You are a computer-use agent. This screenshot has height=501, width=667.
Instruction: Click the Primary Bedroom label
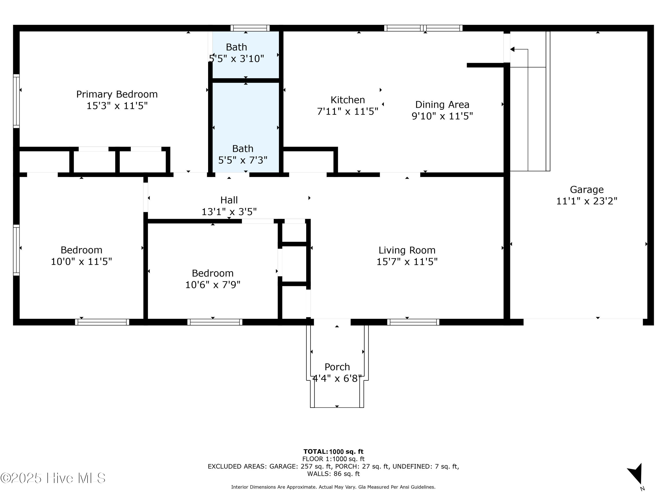(117, 94)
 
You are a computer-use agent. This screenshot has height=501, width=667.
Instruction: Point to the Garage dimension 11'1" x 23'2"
(587, 201)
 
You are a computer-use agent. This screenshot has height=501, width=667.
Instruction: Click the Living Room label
(407, 250)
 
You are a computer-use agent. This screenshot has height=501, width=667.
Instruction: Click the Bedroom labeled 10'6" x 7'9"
(213, 273)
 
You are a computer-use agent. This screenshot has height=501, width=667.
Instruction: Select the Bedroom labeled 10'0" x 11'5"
(81, 250)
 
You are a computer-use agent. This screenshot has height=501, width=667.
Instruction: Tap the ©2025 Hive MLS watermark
(53, 478)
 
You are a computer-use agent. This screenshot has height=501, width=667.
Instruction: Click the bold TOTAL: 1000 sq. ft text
(333, 452)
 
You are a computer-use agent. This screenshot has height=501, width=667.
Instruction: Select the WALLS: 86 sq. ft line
(333, 474)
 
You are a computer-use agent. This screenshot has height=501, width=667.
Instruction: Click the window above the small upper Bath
(250, 28)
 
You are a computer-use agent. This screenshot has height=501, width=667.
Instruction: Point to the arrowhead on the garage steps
(512, 49)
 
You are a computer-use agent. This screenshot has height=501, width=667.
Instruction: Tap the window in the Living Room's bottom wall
(413, 322)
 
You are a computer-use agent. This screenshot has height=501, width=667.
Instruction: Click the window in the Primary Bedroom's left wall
(16, 101)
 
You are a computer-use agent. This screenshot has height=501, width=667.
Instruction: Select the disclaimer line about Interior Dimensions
(333, 487)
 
